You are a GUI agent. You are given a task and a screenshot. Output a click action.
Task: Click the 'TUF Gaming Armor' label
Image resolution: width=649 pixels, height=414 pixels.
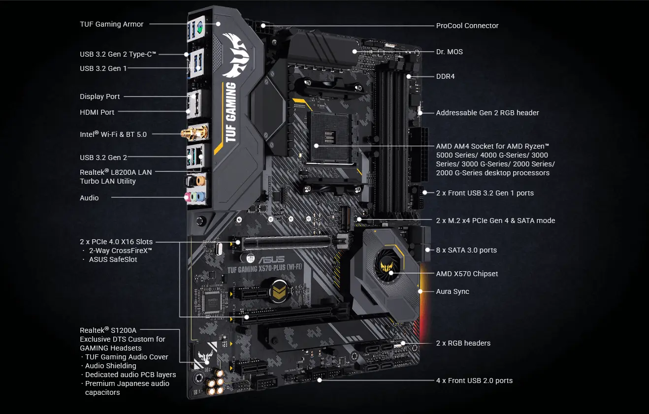click(112, 24)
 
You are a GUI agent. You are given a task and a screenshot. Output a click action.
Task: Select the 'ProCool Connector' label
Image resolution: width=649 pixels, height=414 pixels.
click(467, 26)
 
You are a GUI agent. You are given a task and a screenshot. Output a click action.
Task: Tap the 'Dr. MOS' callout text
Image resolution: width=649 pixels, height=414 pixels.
click(449, 52)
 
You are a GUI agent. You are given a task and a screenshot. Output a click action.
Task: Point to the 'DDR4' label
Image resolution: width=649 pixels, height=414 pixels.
click(445, 76)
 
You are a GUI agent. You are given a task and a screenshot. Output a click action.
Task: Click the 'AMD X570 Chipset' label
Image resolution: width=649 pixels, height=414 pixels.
click(467, 274)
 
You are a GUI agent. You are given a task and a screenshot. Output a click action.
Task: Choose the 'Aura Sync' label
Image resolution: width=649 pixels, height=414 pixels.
click(453, 291)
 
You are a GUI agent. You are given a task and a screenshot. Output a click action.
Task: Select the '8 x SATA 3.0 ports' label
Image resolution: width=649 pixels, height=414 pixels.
click(466, 250)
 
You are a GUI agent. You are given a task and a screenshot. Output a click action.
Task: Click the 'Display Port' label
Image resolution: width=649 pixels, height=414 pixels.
click(100, 96)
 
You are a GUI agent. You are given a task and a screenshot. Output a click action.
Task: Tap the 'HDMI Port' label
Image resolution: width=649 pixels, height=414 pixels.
click(97, 112)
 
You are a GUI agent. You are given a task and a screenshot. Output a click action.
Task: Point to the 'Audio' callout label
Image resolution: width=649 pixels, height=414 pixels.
click(89, 198)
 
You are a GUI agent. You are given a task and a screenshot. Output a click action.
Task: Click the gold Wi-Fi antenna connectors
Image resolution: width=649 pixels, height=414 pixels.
click(195, 132)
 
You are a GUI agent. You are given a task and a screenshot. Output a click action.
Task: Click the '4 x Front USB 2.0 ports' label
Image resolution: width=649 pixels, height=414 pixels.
click(474, 381)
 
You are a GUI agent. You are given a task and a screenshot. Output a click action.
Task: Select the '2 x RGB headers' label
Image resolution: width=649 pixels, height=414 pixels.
click(463, 343)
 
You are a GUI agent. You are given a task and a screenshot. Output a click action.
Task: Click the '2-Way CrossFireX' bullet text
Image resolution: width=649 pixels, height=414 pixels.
click(121, 251)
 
